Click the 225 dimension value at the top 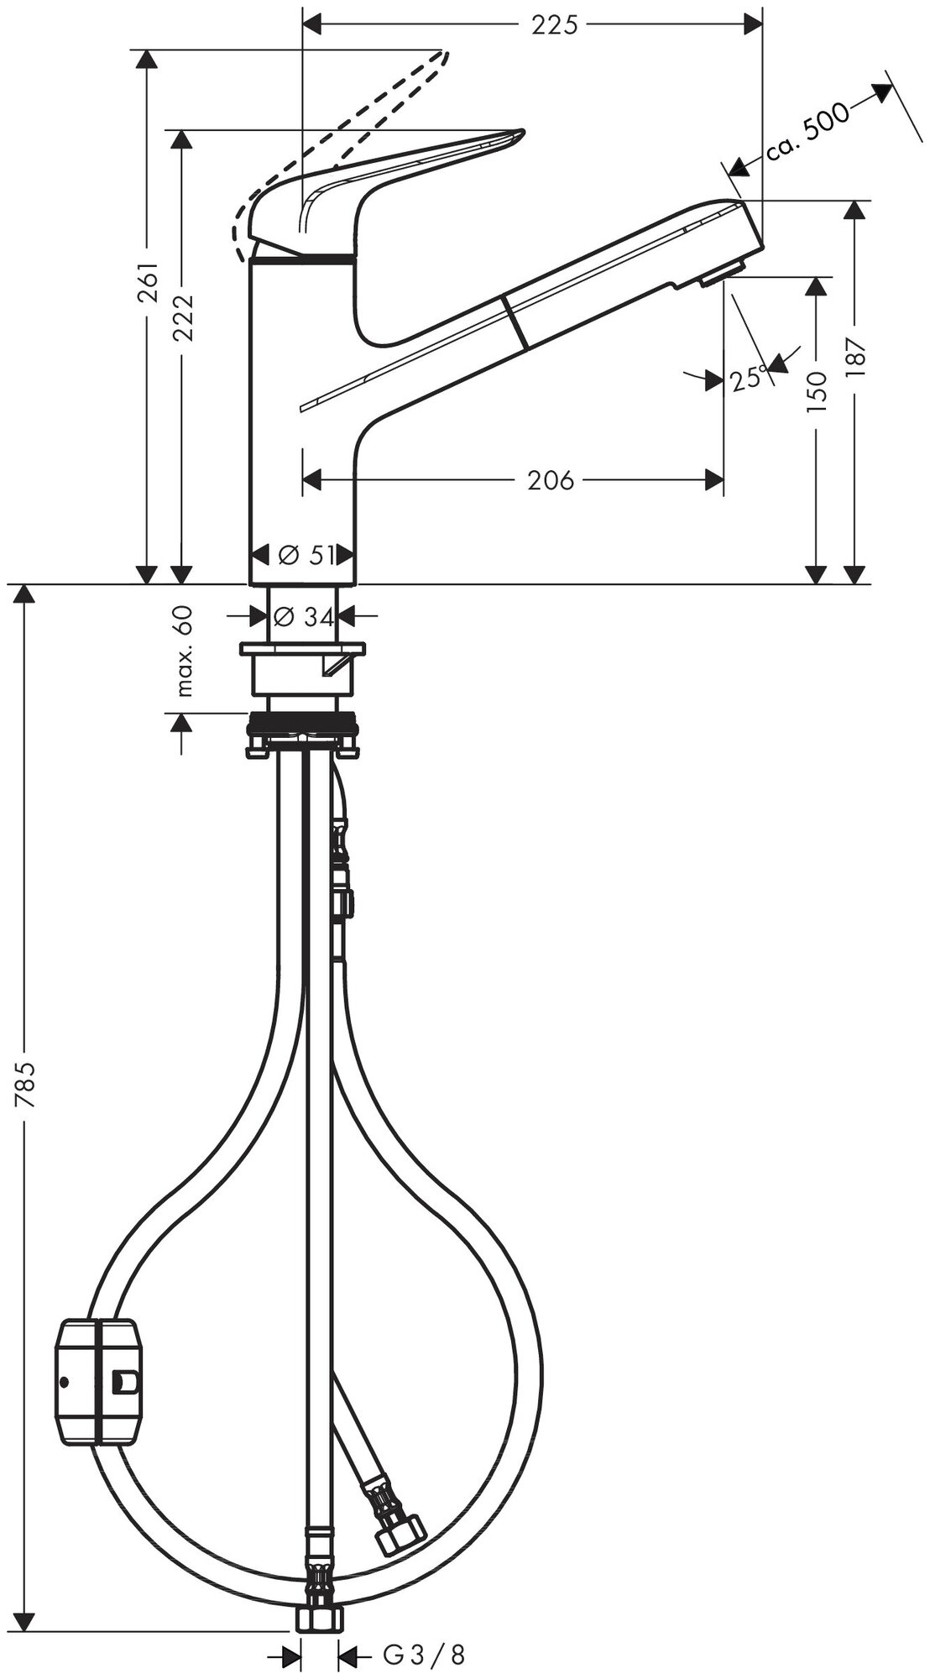point(555,25)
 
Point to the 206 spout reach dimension point(551,480)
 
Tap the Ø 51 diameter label point(305,555)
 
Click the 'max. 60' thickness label point(185,651)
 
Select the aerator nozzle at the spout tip point(722,275)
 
